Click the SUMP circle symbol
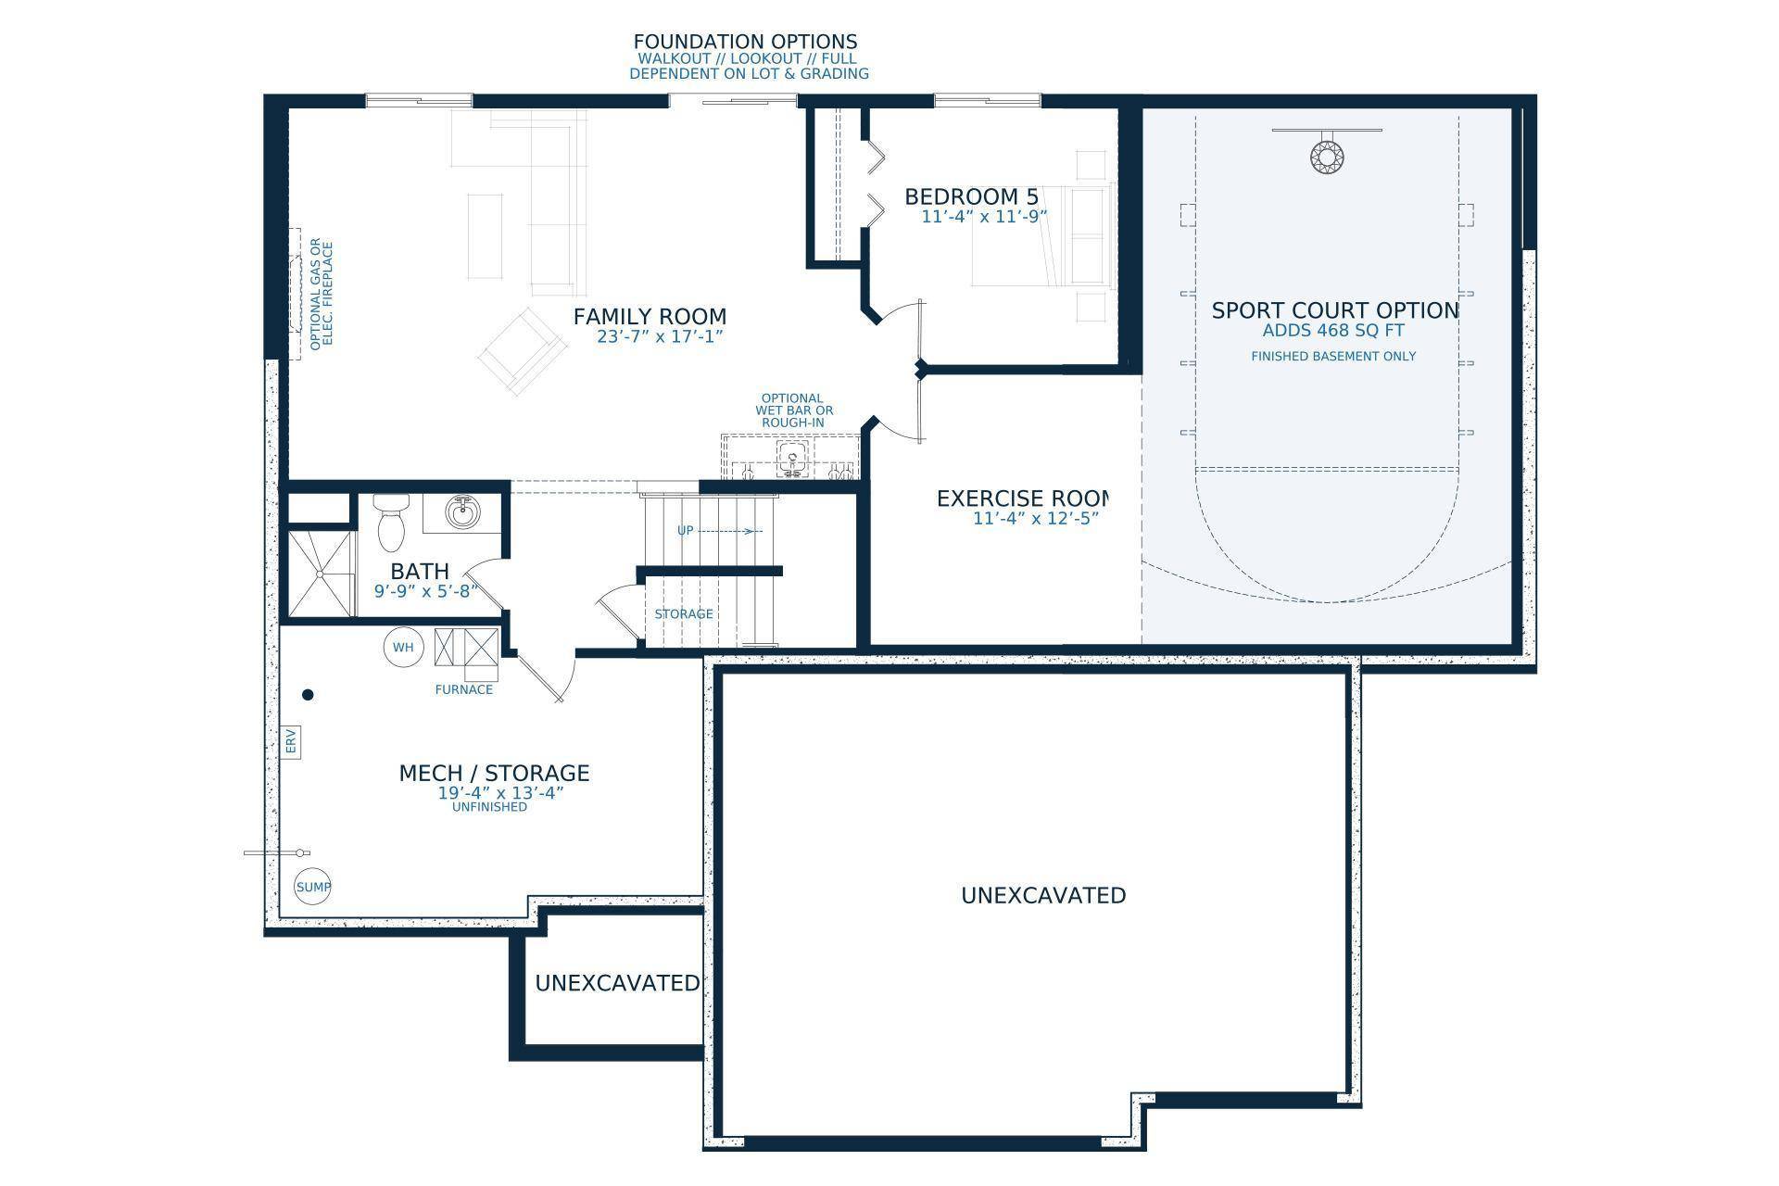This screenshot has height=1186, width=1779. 313,887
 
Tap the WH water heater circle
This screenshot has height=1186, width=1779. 403,647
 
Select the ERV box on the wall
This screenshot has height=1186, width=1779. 290,741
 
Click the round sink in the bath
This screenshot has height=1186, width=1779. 461,511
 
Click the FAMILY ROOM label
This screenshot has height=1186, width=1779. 650,317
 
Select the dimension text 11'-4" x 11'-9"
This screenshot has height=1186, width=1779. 984,217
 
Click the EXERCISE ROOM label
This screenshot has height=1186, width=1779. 1022,499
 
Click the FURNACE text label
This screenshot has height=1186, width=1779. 464,689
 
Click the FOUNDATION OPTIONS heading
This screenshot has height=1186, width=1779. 745,42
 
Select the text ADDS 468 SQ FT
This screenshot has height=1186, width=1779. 1333,331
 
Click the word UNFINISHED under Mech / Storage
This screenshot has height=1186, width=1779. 489,807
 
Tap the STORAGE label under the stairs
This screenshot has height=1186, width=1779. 684,614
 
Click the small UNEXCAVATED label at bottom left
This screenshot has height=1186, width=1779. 617,983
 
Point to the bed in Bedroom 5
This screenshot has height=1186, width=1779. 1042,235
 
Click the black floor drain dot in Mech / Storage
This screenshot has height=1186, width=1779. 309,694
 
